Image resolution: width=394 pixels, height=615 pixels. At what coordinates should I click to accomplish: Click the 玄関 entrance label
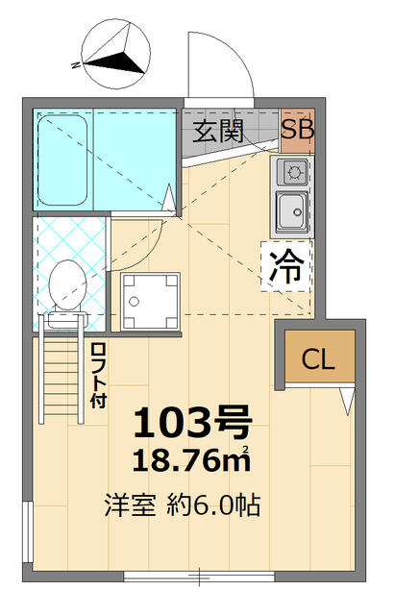(x=218, y=132)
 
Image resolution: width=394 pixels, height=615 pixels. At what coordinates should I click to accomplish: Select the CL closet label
(x=318, y=358)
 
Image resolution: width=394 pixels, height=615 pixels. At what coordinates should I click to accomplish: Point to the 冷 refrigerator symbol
(x=286, y=266)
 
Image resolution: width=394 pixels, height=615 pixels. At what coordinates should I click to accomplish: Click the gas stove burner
(x=292, y=172)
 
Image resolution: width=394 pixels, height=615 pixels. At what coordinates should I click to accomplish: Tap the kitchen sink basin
(x=292, y=211)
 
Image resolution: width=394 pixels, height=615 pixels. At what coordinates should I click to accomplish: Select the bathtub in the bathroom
(x=62, y=160)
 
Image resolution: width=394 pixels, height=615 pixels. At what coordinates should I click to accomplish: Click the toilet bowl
(x=67, y=284)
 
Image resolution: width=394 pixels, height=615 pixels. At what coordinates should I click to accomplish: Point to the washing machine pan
(x=150, y=302)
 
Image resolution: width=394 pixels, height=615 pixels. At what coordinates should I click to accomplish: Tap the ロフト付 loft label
(x=98, y=376)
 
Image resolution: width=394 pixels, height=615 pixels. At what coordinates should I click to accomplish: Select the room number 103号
(x=192, y=422)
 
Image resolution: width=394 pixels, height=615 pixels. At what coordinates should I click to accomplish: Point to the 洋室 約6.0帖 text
(x=183, y=505)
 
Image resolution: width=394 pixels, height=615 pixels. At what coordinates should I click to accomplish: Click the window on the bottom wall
(x=199, y=577)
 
